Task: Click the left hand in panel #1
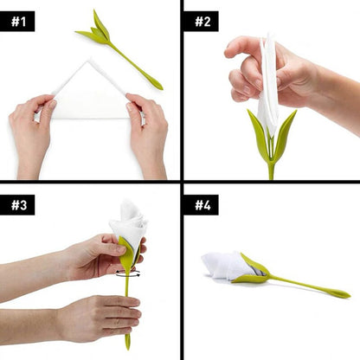[x=33, y=130]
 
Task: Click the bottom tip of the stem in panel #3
[x=127, y=345]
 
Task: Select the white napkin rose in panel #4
[x=223, y=265]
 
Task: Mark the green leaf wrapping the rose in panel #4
[x=256, y=272]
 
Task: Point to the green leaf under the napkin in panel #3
[x=127, y=256]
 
